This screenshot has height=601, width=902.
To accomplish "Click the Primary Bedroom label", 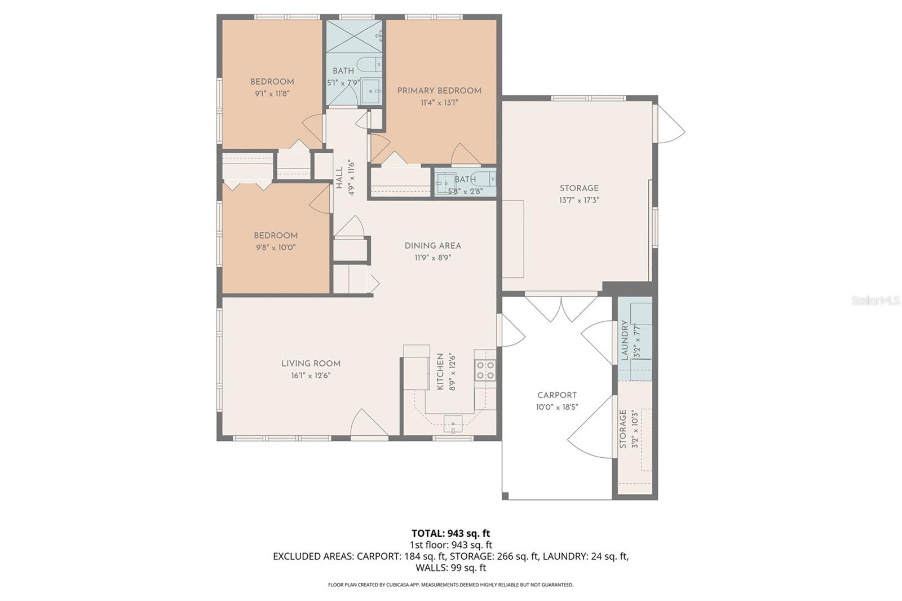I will point(439,91).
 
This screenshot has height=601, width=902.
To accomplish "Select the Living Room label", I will point(311,364).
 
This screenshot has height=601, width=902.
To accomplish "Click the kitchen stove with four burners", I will point(485,370).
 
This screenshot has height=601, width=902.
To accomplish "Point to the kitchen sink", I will point(453,422).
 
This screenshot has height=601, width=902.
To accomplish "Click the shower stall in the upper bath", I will point(354,37).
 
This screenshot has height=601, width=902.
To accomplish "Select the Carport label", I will point(556,395).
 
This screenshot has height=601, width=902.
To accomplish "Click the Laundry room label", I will point(625,340).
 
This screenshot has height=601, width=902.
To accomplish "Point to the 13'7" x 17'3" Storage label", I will point(579,188).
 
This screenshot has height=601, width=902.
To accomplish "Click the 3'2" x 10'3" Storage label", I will point(623,429).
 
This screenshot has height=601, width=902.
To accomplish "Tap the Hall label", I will point(339,178).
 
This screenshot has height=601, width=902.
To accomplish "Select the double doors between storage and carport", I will point(561,307).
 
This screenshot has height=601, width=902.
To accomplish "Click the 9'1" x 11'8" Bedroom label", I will point(272,82).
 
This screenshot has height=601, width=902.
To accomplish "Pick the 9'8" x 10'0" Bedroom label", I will point(275,236).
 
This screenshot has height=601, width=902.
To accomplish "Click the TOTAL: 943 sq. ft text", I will point(450,533).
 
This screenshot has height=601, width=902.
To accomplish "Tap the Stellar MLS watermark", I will point(875,301).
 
